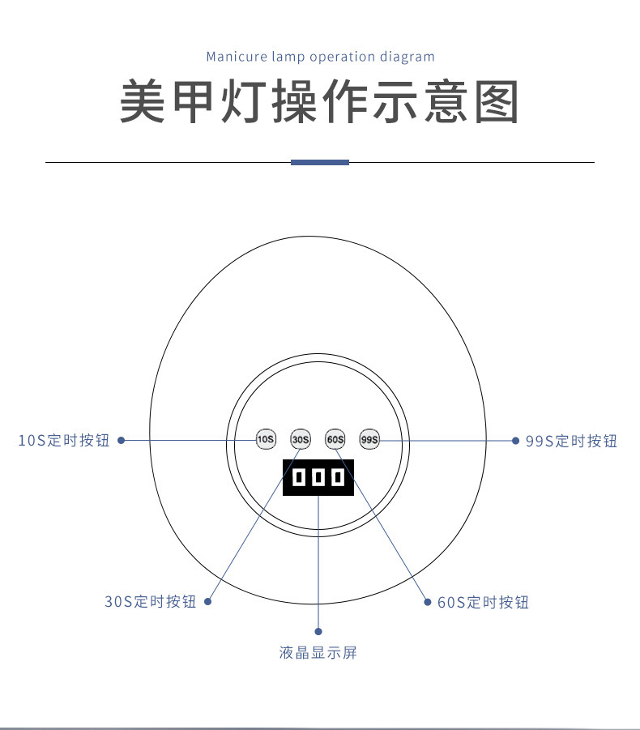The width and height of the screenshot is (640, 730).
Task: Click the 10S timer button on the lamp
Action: (266, 440)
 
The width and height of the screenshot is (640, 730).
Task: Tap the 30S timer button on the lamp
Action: (301, 440)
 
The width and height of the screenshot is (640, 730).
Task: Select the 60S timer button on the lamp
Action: (335, 440)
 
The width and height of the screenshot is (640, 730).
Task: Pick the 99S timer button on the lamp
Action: (369, 440)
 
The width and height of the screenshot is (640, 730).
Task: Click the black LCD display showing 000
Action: (318, 478)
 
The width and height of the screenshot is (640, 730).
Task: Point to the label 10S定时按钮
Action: (63, 441)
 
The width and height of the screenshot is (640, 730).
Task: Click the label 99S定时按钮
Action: (571, 441)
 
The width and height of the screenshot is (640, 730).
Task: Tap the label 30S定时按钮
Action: (150, 602)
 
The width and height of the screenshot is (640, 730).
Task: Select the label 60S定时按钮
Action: (483, 602)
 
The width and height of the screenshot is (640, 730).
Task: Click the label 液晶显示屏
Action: (318, 652)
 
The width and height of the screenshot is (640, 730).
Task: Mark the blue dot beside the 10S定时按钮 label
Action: (121, 441)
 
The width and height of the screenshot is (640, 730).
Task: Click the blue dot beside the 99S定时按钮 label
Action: (515, 441)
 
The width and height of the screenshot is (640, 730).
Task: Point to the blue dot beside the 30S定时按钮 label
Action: (207, 602)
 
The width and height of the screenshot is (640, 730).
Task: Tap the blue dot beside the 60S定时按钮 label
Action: (428, 602)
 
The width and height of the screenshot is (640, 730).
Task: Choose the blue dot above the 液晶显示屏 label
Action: (318, 631)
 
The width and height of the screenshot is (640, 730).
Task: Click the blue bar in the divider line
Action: (320, 162)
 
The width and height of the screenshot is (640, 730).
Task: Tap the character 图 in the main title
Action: (496, 102)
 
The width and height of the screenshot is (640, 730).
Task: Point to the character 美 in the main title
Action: (143, 102)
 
